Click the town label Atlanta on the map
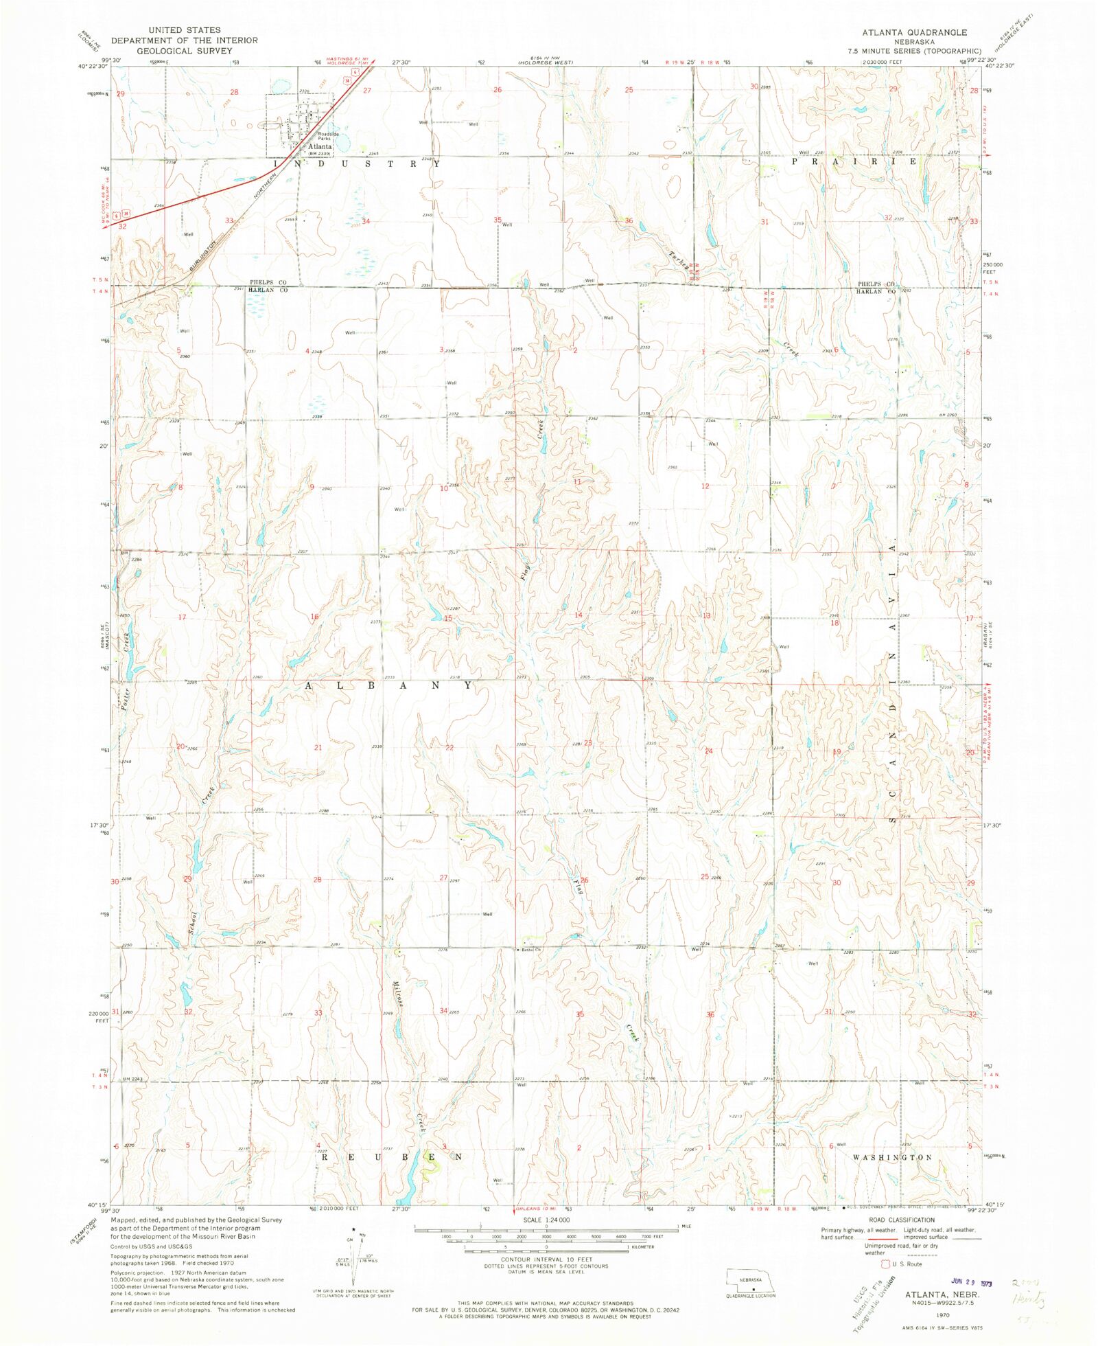319,146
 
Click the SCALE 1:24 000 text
546,1220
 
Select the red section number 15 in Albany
448,618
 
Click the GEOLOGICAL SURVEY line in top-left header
185,51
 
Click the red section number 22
449,748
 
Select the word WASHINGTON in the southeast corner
892,1157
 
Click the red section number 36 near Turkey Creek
629,220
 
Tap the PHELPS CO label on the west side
268,283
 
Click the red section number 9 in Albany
312,487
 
